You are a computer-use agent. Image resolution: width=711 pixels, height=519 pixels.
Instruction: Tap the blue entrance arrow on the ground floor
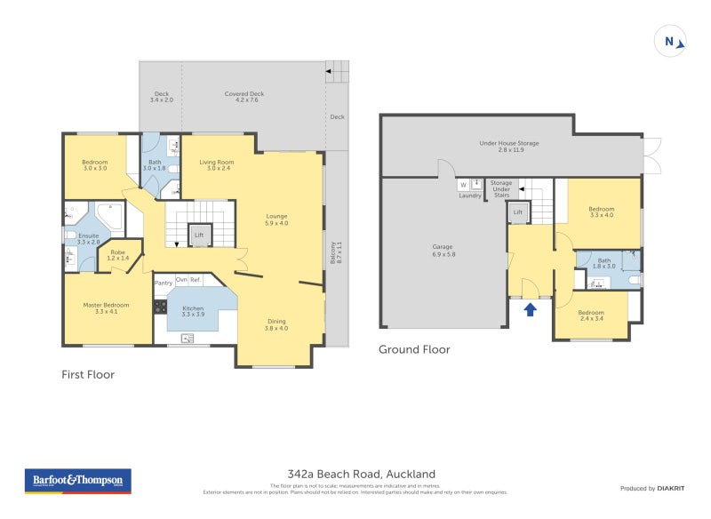coord(531,310)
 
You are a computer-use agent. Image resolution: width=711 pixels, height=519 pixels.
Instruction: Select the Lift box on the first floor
coord(200,236)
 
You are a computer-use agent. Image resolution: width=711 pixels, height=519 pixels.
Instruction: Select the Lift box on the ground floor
coord(519,212)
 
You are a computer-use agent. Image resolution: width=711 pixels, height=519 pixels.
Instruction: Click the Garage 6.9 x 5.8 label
coord(443,250)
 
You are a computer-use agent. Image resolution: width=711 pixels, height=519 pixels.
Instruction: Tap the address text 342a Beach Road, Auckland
coord(355,475)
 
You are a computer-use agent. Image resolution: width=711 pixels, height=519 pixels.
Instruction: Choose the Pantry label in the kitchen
coord(163,283)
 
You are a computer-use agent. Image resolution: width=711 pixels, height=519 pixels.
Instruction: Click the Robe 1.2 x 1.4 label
coord(118,254)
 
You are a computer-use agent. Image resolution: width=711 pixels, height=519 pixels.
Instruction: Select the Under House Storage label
coord(509,146)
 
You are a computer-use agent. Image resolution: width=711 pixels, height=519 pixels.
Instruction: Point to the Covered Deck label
coord(244,96)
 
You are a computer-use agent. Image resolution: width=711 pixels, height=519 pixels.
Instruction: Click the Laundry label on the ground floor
coord(469,196)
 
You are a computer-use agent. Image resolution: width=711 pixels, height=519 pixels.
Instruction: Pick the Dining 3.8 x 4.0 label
coord(275,324)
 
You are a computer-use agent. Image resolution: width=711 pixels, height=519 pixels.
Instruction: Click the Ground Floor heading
coord(414,350)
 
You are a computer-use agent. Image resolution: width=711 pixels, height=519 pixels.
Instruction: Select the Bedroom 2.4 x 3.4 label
coord(590,315)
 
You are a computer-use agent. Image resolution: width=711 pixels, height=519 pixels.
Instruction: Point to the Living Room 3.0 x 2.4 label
coord(216,164)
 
